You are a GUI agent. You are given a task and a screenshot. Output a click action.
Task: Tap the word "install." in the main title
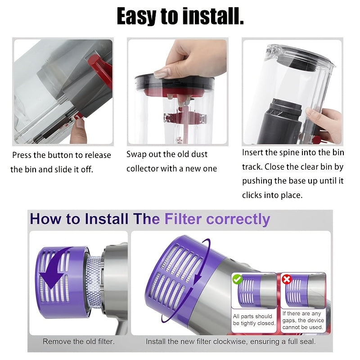click(x=212, y=17)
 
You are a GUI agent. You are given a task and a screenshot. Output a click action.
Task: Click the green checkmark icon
click(x=238, y=279)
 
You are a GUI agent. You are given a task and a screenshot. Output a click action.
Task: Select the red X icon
click(x=287, y=279)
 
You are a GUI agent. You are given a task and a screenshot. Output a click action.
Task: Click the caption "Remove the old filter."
click(x=78, y=342)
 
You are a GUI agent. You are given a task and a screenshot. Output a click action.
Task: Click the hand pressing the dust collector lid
click(x=193, y=58)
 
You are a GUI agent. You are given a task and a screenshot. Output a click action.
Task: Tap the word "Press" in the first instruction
click(x=22, y=155)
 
